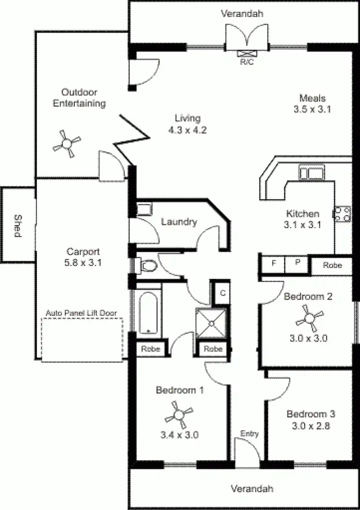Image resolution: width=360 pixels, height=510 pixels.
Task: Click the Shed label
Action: pos(18,225)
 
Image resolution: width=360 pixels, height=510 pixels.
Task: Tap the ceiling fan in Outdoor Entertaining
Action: pos(67,142)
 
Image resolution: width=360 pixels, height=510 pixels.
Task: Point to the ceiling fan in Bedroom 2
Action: pos(309,317)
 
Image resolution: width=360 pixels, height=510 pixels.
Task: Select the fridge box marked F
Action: pos(274,263)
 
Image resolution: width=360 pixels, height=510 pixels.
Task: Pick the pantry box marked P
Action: pos(297,263)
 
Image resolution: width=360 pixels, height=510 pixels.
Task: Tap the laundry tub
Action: pos(144,209)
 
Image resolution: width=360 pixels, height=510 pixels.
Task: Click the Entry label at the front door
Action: pos(250,434)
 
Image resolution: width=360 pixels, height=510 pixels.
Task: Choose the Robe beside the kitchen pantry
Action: pos(332,264)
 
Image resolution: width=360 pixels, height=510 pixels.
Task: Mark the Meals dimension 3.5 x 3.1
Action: pos(312,109)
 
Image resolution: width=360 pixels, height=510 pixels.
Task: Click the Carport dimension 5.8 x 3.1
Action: pos(83,262)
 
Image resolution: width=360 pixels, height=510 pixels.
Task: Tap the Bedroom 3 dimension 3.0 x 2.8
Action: pos(311,425)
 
